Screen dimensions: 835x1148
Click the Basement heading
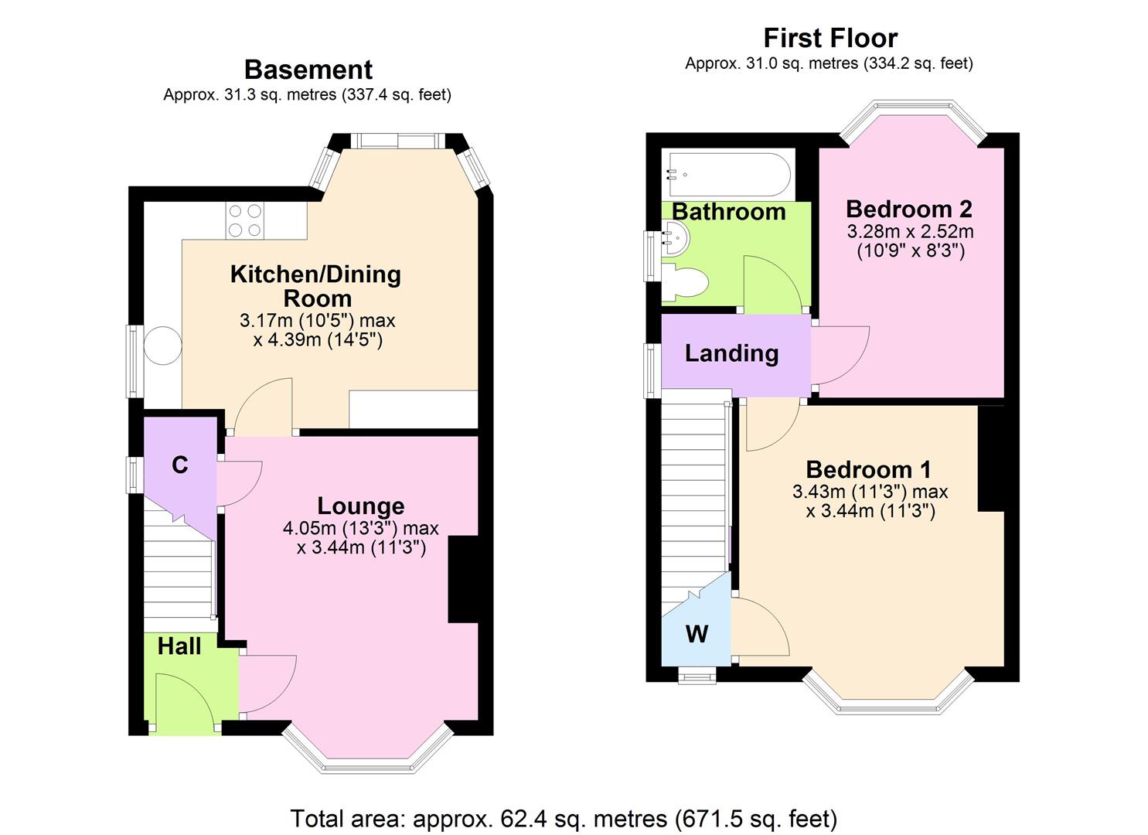308,70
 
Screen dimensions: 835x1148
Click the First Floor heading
830,38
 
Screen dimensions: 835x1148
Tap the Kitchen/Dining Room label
315,285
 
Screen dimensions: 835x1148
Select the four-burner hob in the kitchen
244,220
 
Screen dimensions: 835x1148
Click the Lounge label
360,506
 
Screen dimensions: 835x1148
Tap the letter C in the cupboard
179,465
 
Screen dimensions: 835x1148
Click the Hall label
179,646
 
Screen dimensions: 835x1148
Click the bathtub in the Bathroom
727,176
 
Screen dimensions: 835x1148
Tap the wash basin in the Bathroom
674,238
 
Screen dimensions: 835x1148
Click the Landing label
731,353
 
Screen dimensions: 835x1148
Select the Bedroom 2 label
909,209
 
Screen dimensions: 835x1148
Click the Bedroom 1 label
868,469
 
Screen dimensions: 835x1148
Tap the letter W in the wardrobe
697,635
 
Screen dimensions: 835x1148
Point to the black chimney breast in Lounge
463,579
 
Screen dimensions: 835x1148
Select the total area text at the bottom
564,818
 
